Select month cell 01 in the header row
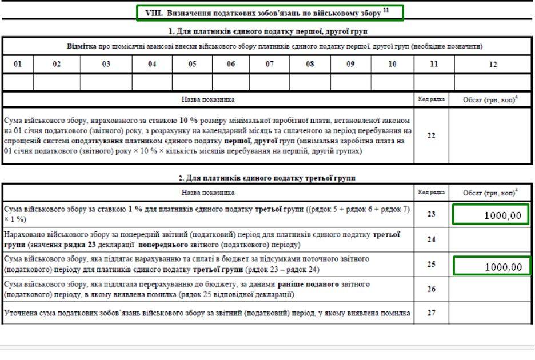coord(18,65)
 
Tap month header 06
coord(231,65)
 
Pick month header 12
coord(493,65)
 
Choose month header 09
coord(350,65)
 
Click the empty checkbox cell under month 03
coord(106,82)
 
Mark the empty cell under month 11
coord(434,82)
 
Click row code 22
coord(431,135)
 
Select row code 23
coord(431,215)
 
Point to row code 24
coord(431,240)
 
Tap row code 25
coord(431,265)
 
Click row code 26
coord(431,290)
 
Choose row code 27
coord(431,313)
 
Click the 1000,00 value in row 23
coord(491,215)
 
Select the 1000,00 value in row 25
coord(491,266)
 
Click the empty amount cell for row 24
coord(491,240)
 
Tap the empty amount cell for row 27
coord(491,313)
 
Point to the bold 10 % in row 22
coord(189,121)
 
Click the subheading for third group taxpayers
coord(267,178)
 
